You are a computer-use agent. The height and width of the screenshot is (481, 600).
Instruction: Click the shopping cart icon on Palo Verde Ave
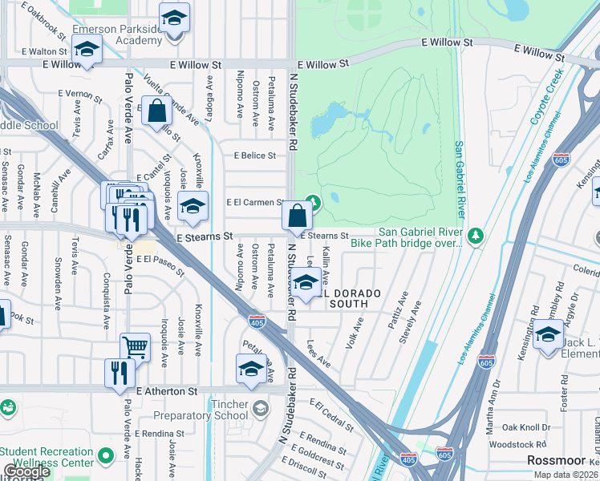tap(135, 348)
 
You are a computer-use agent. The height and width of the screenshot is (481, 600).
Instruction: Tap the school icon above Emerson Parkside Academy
tap(173, 17)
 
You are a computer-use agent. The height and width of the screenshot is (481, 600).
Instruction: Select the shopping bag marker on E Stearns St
tap(297, 215)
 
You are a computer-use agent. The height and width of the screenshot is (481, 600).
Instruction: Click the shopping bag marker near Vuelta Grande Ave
tap(156, 111)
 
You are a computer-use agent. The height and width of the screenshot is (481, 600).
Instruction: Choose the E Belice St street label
tap(254, 156)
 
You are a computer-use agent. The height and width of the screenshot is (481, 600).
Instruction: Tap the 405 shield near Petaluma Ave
tap(254, 321)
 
